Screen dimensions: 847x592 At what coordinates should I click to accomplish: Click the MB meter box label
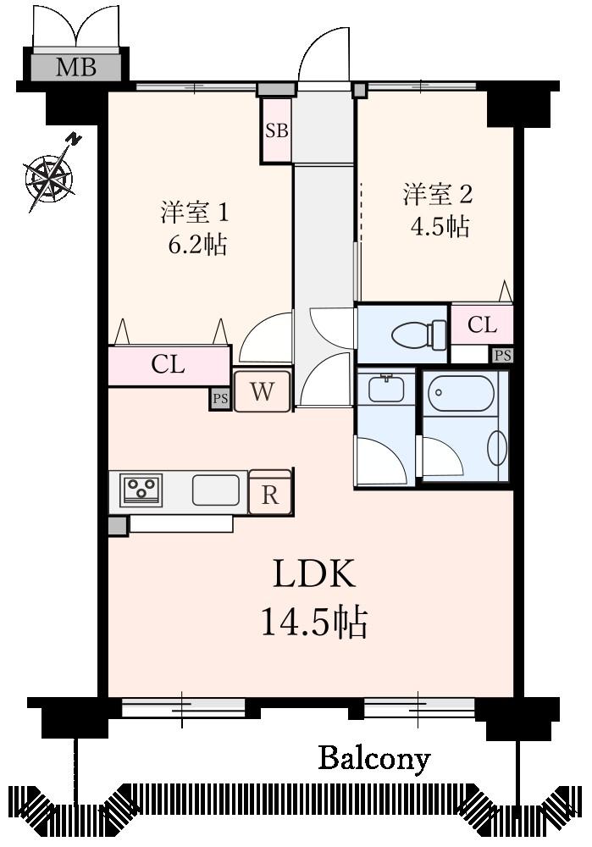coord(76,67)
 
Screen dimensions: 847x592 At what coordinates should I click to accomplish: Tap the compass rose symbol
coord(49,176)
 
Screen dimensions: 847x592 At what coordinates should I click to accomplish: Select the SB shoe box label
coord(277,131)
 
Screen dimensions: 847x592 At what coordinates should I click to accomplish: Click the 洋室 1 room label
coord(195,213)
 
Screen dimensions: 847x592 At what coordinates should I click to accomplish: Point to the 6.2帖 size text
coord(196,246)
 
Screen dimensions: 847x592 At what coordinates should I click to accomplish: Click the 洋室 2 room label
coord(437,194)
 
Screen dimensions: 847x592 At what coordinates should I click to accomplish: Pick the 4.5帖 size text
coord(440,226)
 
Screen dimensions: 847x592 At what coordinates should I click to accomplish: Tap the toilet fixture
coord(419,334)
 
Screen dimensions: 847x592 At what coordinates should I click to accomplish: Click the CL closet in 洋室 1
coord(168,365)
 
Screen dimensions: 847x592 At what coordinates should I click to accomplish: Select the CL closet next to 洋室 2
coord(482,324)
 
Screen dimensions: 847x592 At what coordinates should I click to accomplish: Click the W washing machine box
coord(263,392)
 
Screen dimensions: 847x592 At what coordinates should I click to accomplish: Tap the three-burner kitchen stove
coord(141,490)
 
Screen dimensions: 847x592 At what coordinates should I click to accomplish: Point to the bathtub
coord(461,393)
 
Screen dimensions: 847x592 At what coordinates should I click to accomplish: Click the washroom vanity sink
coord(386,389)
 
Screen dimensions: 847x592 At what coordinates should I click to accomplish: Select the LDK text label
coord(313,575)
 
